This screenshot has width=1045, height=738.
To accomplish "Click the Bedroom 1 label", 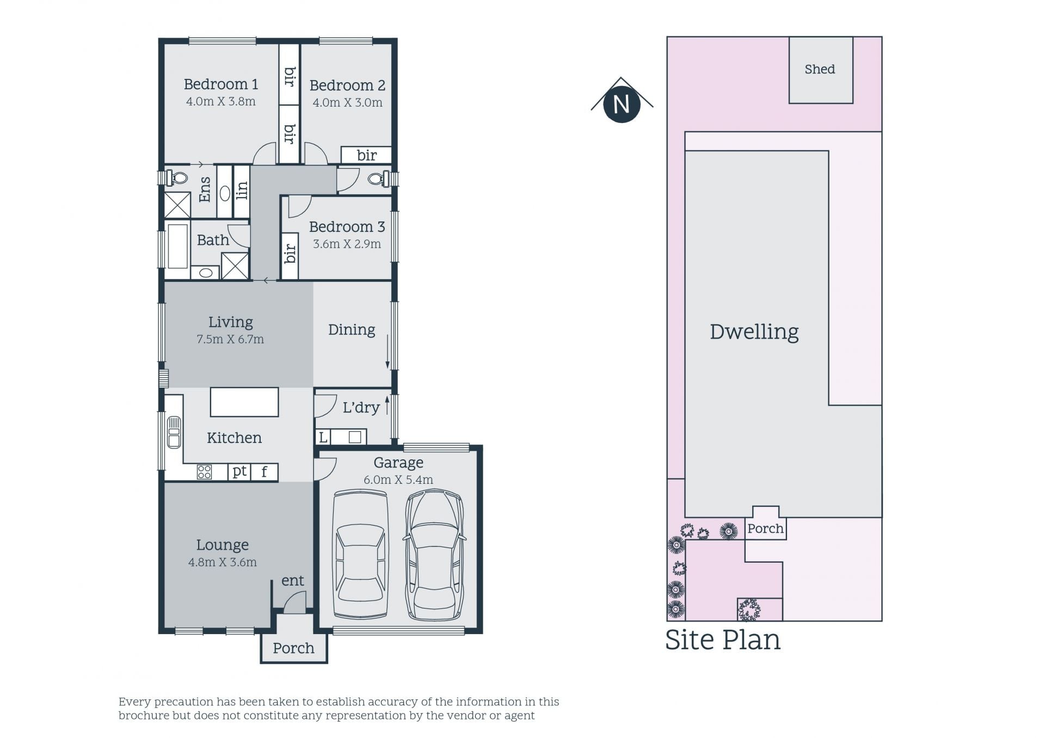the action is [x=220, y=84].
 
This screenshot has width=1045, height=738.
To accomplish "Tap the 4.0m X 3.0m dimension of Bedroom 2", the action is [x=347, y=102].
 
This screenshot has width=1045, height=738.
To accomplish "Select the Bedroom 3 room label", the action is [x=347, y=226].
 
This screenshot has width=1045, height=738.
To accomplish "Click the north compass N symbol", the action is [x=622, y=104].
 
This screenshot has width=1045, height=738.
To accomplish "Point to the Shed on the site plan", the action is [x=821, y=70].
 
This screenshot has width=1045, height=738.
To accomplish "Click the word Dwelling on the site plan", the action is [x=754, y=331].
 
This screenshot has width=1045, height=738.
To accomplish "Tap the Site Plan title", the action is [x=723, y=640].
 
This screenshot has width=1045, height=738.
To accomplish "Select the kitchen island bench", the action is [x=244, y=402].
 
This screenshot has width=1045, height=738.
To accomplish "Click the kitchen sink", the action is [x=174, y=432].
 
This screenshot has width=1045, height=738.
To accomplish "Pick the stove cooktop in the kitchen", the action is [x=204, y=472].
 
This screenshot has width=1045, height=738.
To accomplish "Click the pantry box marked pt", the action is [x=239, y=472].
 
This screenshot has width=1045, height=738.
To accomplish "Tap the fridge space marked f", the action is [x=265, y=472].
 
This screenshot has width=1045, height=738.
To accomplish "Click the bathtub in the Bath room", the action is [x=177, y=246].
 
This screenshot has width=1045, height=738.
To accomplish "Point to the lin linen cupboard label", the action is [x=242, y=190].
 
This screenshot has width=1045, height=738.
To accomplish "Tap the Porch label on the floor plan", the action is [x=293, y=648].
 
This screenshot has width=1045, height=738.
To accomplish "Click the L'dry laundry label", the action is [x=361, y=408].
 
